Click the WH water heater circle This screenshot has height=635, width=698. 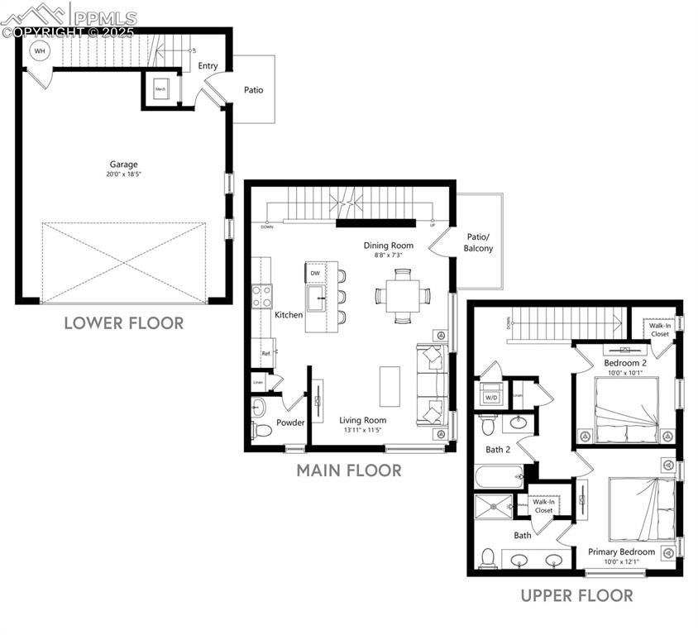pos(39,50)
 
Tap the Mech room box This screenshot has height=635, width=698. pos(160,88)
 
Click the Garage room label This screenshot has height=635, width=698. pos(123,164)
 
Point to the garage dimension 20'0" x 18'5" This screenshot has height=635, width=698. pos(123,174)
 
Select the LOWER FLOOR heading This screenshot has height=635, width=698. pos(124,323)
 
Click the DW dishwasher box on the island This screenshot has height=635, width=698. pos(315,273)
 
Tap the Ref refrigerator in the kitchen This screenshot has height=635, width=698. pos(265,353)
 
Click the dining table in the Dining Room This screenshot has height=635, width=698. pos(402,295)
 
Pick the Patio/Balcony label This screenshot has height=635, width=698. pos(479,242)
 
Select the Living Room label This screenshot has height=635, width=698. pos(363,420)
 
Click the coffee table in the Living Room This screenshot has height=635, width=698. pos(390,385)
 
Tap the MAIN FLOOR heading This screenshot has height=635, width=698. pos(349,471)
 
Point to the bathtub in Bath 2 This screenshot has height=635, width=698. pos(500,477)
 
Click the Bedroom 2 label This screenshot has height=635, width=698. pos(624,363)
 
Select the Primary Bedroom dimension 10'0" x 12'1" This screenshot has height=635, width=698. pos(621,562)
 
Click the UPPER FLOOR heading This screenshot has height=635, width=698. pos(576,595)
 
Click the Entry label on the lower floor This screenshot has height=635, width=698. pos(208,66)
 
